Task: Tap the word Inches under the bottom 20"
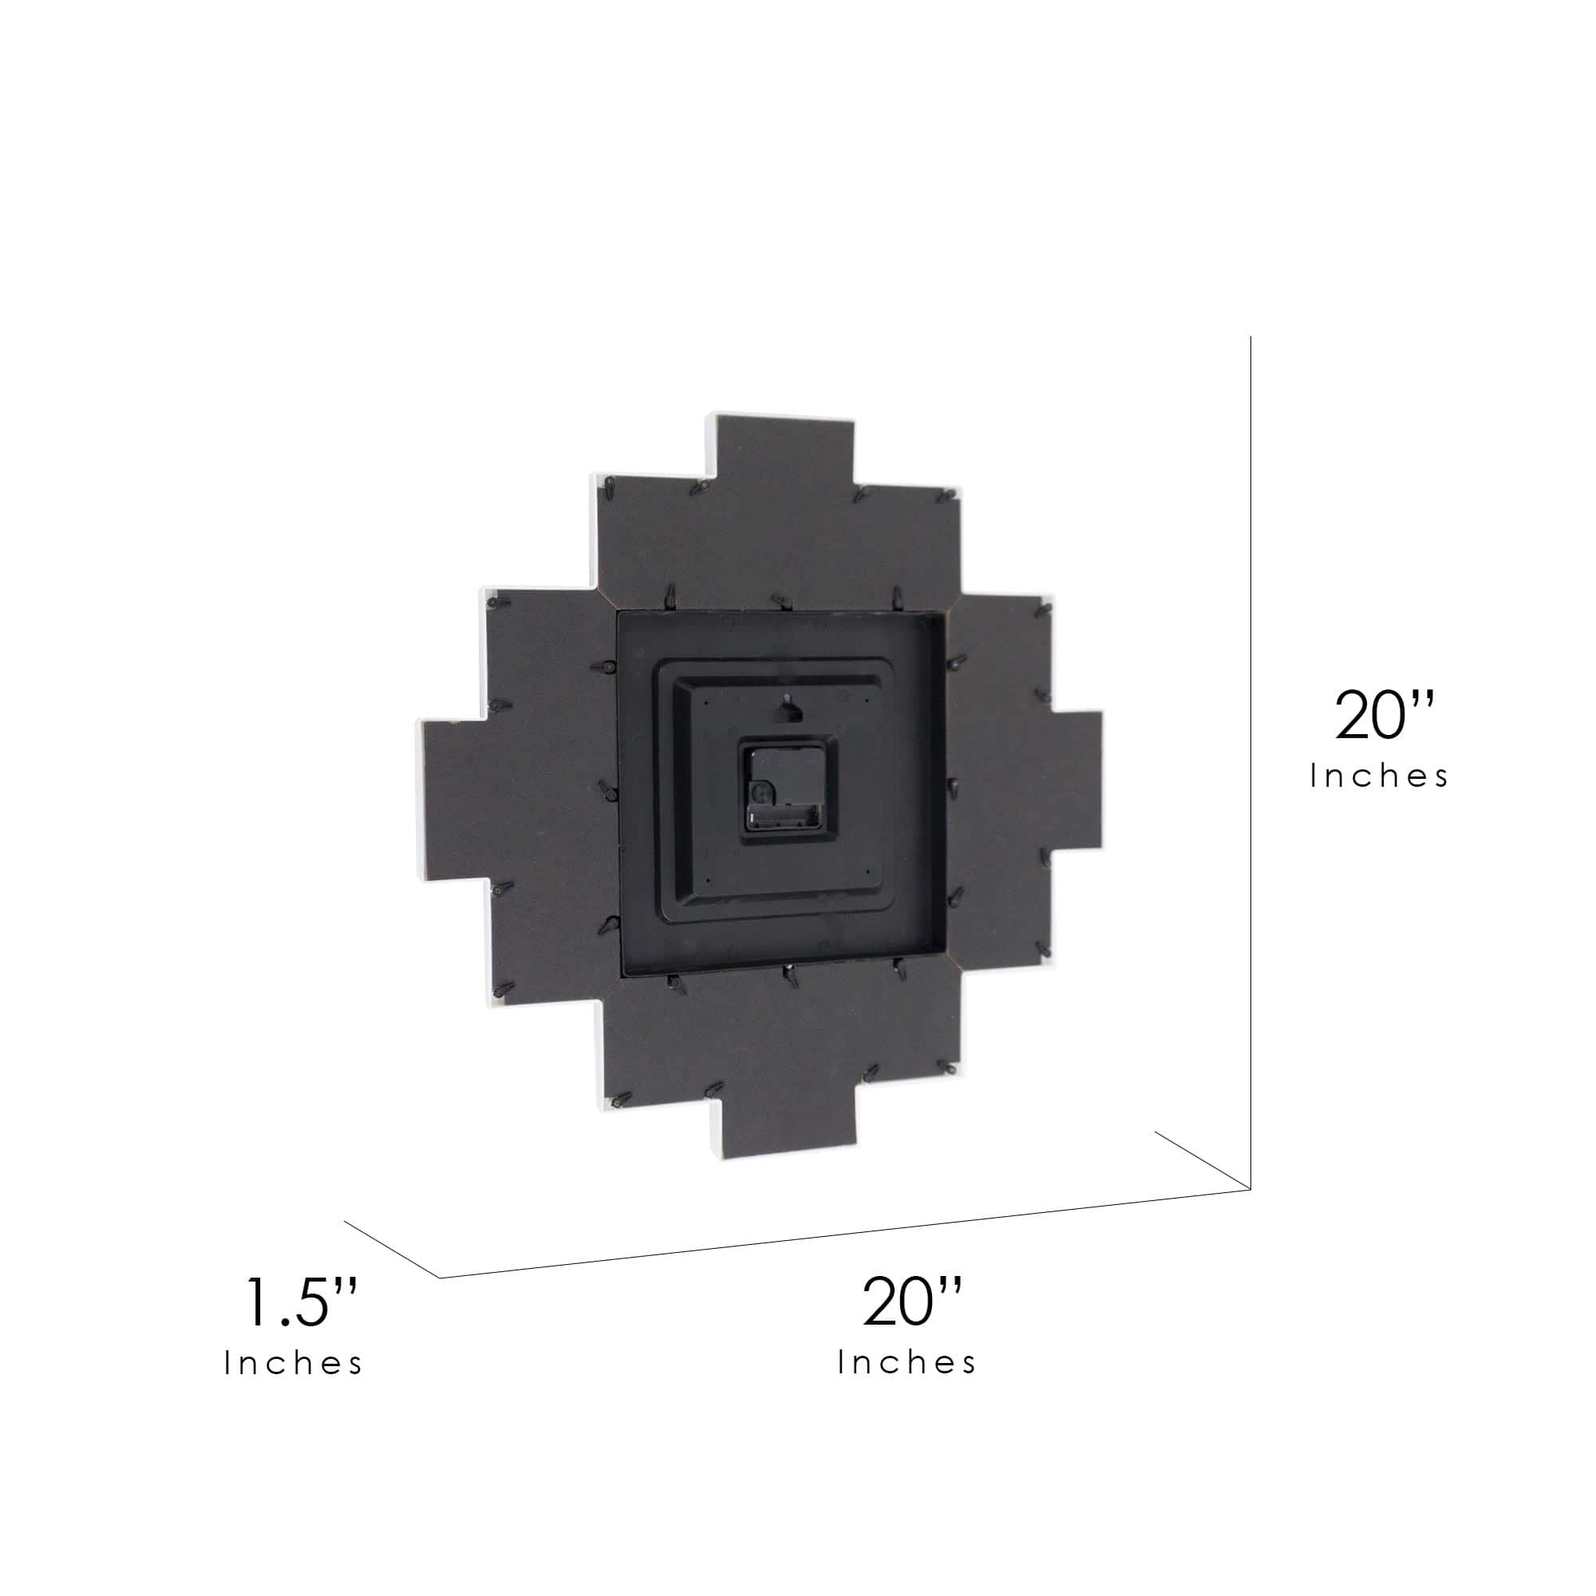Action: [907, 1363]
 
